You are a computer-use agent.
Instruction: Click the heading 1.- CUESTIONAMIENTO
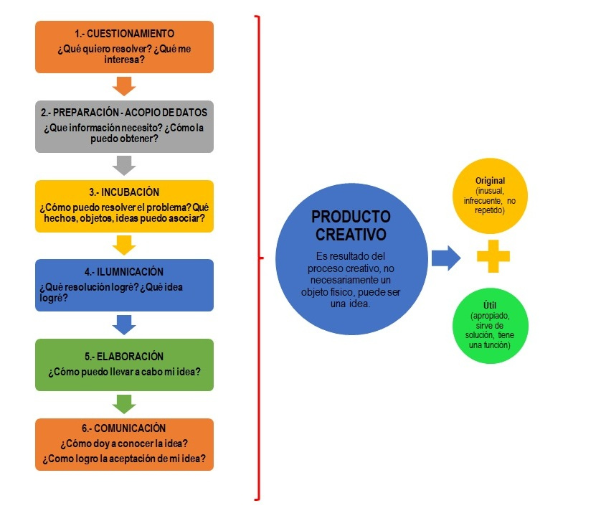pos(125,33)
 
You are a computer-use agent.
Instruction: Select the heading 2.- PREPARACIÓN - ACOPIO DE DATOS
pos(125,113)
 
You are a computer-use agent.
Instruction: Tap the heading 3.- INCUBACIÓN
pos(125,192)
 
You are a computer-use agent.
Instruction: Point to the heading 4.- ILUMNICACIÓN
pos(124,272)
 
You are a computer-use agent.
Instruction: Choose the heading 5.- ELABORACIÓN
pos(124,356)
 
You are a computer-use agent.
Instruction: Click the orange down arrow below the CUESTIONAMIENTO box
pos(125,86)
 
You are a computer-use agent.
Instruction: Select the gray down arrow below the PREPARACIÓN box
pos(125,166)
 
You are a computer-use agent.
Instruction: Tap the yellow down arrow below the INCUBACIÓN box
pos(125,245)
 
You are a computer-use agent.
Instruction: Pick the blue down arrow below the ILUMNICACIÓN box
pos(125,325)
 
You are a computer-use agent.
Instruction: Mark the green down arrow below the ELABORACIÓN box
pos(125,404)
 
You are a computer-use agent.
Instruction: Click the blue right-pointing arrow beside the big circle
pos(445,257)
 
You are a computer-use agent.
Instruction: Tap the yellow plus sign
pos(493,256)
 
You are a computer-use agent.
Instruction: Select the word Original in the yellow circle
pos(491,181)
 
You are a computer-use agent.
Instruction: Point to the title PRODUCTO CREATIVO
pos(351,225)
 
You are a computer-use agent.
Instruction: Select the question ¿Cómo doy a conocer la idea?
pos(125,443)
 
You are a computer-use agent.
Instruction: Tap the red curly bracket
pos(257,257)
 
